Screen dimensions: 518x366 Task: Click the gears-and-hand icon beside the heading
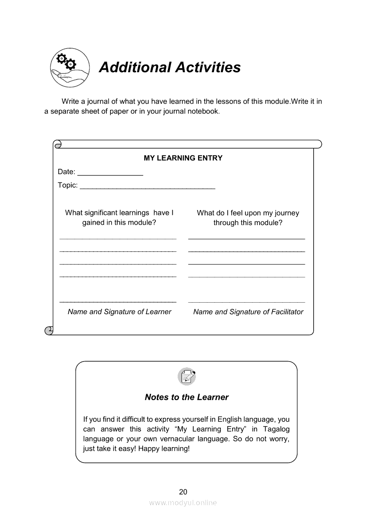(70, 68)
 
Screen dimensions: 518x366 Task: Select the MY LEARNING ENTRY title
(183, 158)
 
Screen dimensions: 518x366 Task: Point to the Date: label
(66, 172)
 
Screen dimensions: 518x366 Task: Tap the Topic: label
(68, 185)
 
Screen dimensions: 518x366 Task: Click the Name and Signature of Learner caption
(119, 312)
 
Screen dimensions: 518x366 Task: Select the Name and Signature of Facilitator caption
(248, 312)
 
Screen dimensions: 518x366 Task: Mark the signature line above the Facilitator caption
(246, 302)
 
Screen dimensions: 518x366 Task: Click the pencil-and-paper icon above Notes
(187, 377)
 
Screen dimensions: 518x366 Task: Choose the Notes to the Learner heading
(187, 397)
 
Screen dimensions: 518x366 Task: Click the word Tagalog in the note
(276, 429)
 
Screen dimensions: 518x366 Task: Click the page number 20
(183, 491)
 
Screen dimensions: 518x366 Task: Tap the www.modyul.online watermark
(183, 502)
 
